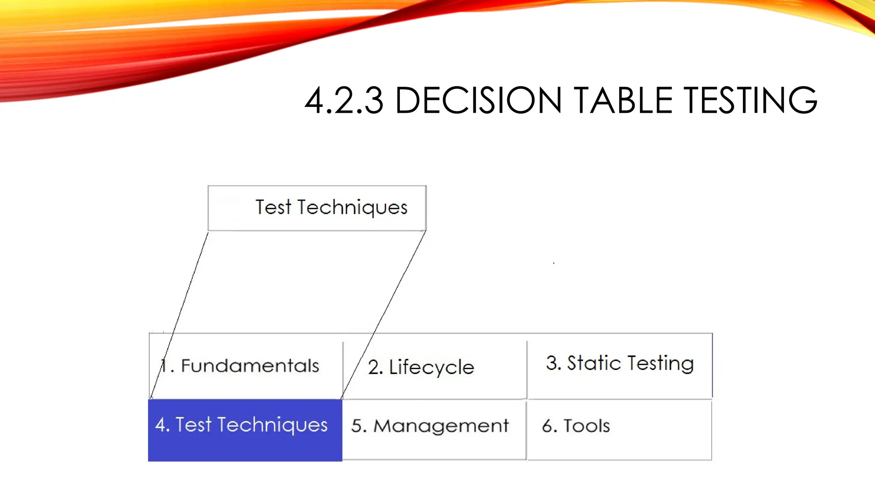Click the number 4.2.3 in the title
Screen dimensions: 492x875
344,101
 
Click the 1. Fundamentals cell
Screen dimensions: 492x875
246,366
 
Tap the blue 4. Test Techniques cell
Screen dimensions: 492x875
245,430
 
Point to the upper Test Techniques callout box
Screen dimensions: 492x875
317,208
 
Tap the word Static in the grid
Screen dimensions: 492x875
594,363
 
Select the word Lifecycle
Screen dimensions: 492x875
432,368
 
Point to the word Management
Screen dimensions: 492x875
441,426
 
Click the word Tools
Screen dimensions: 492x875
587,426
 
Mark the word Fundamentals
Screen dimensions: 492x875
250,366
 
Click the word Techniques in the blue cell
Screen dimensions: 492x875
273,425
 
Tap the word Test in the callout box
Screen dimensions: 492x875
273,208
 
